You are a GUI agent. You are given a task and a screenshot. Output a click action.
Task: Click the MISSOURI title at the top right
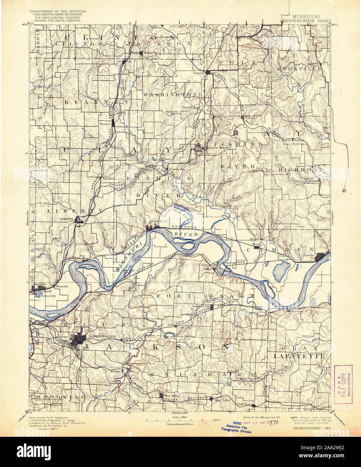(x=306, y=16)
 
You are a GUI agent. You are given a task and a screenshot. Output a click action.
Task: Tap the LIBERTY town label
(x=67, y=219)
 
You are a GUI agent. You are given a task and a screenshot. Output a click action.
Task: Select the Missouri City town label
(x=159, y=221)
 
